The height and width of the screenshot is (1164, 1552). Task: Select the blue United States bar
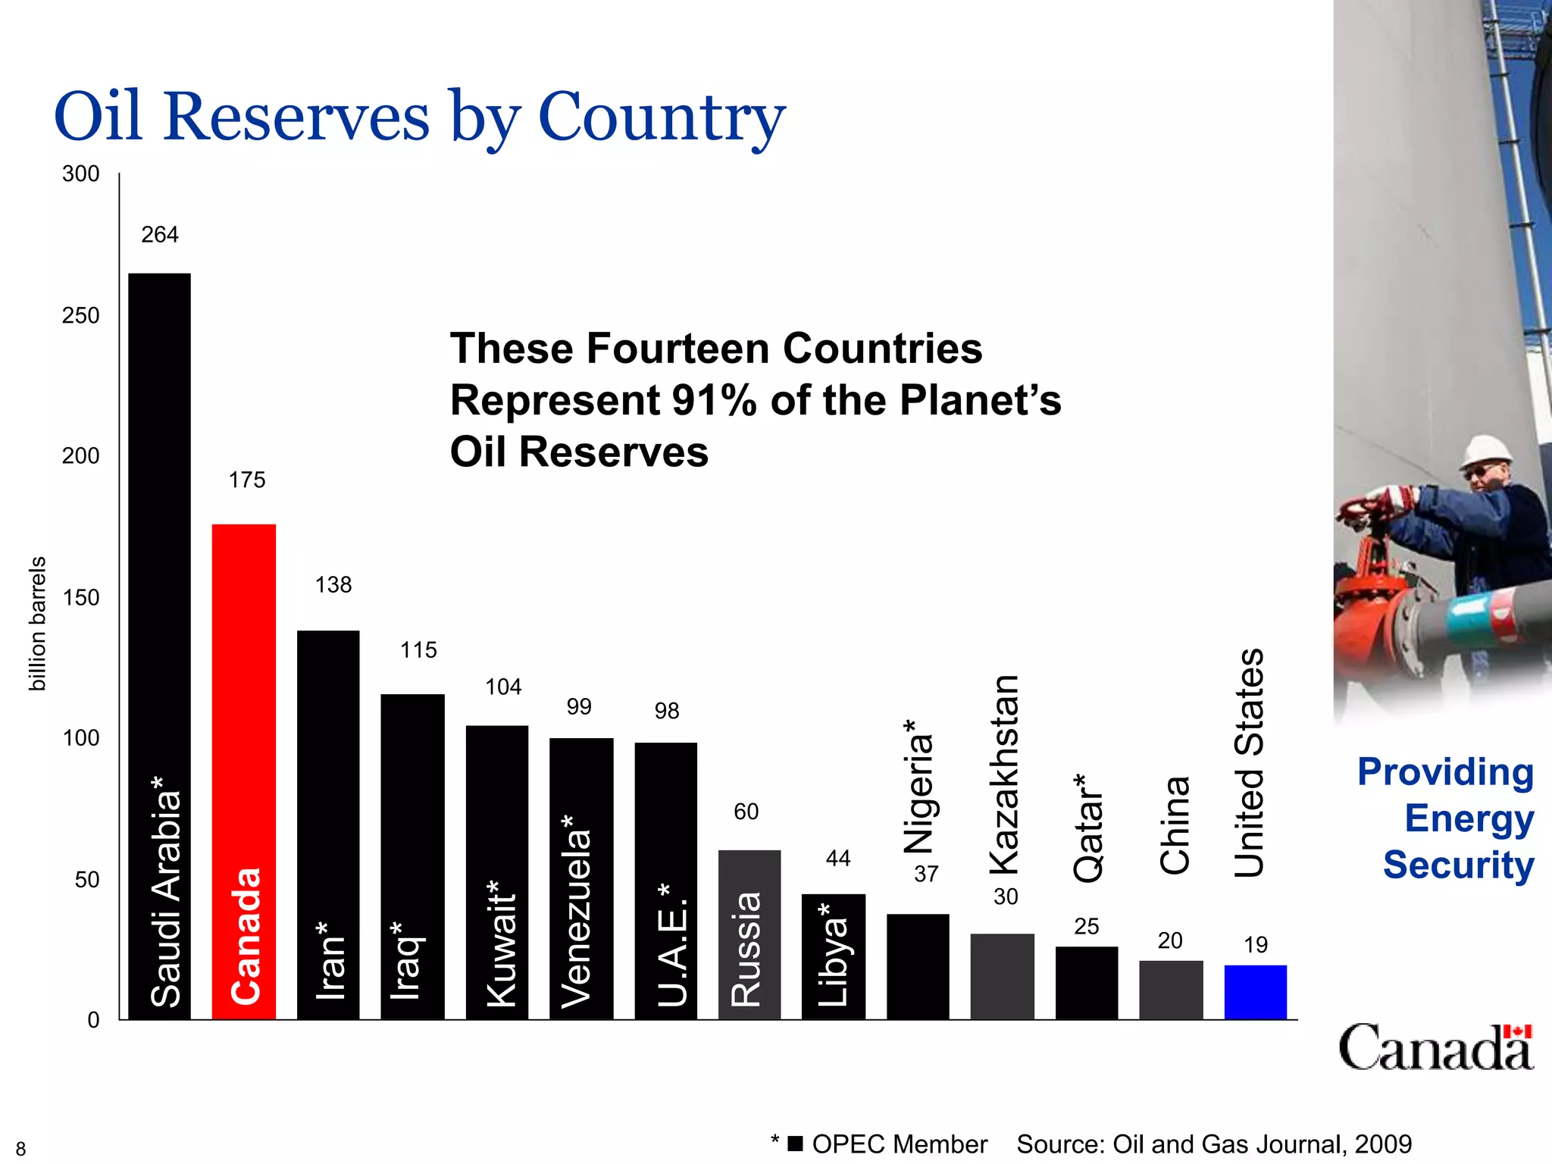pyautogui.click(x=1255, y=992)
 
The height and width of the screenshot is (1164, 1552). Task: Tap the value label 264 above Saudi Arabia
pyautogui.click(x=160, y=235)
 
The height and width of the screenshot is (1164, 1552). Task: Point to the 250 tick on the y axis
pyautogui.click(x=80, y=315)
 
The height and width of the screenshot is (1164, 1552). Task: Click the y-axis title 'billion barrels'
pyautogui.click(x=37, y=623)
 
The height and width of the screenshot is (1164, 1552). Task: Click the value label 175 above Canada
pyautogui.click(x=247, y=480)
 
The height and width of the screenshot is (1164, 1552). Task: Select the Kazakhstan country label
pyautogui.click(x=1005, y=774)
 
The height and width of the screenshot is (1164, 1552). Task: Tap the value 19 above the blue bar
pyautogui.click(x=1255, y=945)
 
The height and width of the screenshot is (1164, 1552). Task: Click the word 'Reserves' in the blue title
pyautogui.click(x=296, y=117)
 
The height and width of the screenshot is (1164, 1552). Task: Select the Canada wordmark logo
pyautogui.click(x=1435, y=1047)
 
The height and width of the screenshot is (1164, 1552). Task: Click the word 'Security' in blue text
pyautogui.click(x=1458, y=865)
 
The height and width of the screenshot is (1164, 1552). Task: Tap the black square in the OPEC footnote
pyautogui.click(x=795, y=1144)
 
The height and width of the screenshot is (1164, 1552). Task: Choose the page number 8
pyautogui.click(x=20, y=1149)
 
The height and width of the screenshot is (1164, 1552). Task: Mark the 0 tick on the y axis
pyautogui.click(x=93, y=1020)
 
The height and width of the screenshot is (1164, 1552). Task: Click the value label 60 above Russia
pyautogui.click(x=746, y=812)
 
